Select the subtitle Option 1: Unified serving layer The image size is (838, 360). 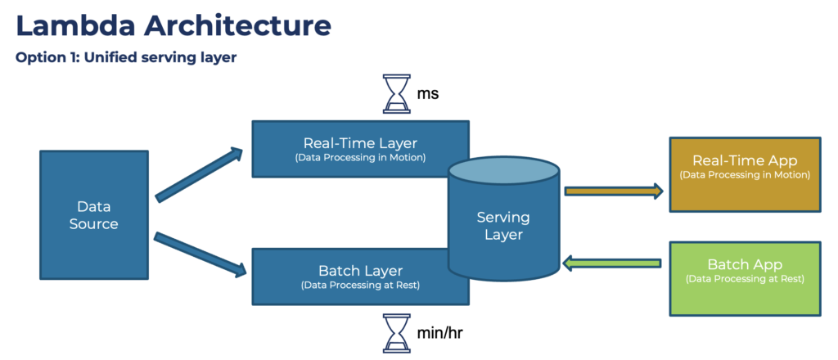point(126,59)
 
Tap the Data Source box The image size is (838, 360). point(93,215)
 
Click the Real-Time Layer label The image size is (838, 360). point(360,142)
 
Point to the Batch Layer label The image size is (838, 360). point(360,270)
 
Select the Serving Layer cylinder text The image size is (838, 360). point(503,226)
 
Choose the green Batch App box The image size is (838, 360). point(745,278)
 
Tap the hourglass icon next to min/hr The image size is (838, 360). point(397,334)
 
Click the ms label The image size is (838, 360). point(428,94)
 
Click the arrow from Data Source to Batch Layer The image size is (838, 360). point(199,253)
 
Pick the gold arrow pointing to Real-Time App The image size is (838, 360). point(612,191)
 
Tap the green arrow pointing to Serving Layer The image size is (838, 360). point(612,263)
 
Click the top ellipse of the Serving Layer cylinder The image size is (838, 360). point(503,170)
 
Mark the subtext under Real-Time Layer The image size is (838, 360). point(360,158)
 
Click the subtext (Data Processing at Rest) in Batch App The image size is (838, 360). point(745,279)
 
